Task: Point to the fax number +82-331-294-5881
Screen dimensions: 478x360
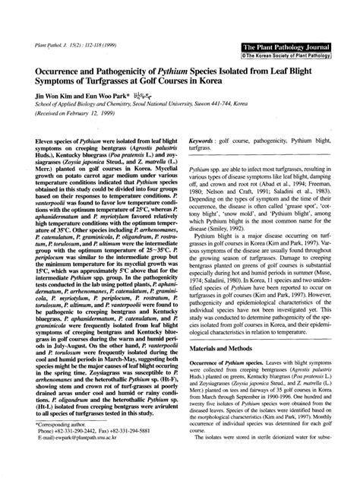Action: pos(134,447)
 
